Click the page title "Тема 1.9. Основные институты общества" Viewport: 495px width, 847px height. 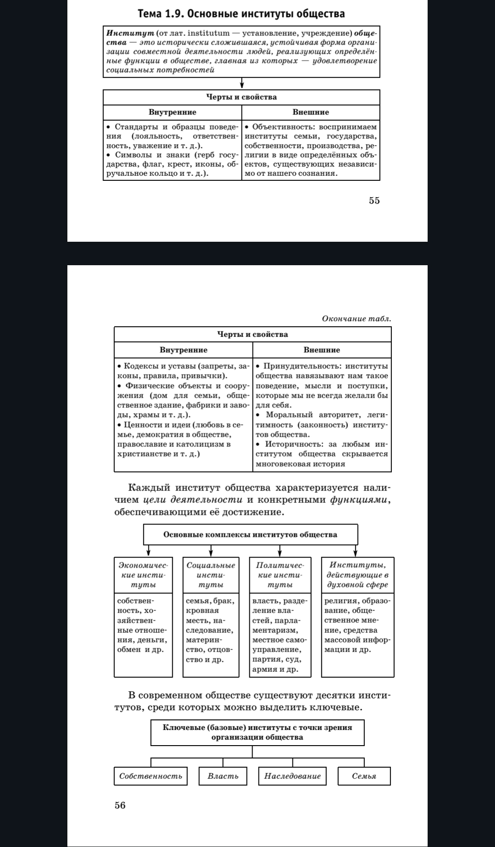(241, 14)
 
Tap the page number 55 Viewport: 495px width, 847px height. (374, 201)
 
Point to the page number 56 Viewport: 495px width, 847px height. (120, 805)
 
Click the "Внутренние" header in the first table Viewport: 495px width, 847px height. (172, 112)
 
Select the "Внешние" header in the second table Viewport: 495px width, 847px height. (322, 350)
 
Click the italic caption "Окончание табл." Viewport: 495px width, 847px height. (357, 318)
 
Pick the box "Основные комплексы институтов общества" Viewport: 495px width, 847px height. (250, 535)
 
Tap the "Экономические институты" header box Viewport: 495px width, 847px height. (143, 575)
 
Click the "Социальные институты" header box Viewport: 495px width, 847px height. (211, 575)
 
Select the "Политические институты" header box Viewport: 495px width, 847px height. (280, 575)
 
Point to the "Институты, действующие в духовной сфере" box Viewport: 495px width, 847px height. (357, 575)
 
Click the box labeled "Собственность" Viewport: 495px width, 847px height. (151, 776)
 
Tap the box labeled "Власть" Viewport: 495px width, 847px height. (223, 776)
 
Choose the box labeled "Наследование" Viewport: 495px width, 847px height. (292, 776)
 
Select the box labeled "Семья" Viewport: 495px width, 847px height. (364, 776)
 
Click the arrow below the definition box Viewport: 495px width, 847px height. (242, 84)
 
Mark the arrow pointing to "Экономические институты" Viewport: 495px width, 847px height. (148, 551)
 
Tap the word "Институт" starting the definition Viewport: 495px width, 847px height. (124, 33)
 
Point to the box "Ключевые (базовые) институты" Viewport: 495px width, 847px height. (257, 732)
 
